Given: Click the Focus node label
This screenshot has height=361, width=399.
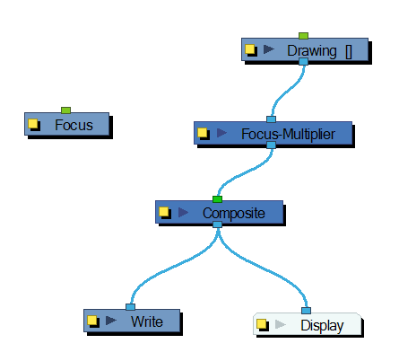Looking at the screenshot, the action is [x=74, y=125].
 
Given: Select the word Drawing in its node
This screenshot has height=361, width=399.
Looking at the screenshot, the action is [x=312, y=50].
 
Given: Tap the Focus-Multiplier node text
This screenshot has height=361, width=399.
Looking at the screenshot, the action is [x=288, y=134].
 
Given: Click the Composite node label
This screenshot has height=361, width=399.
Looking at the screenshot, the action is [x=234, y=213].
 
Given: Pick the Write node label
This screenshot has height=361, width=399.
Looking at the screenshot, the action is [x=147, y=321].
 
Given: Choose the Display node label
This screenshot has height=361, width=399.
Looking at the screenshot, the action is [x=322, y=326].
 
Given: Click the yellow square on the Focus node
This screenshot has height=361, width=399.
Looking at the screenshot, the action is [x=33, y=123].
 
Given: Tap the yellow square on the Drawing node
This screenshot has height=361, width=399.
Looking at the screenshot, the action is [x=250, y=49].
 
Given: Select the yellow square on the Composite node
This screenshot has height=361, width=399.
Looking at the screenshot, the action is [x=164, y=212].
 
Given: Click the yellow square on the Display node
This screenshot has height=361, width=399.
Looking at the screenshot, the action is [x=262, y=324].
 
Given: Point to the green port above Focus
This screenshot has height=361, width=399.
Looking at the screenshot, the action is [x=65, y=110].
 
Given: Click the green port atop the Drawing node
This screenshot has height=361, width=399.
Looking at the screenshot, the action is [x=303, y=36].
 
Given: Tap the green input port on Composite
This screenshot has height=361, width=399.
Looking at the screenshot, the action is [x=217, y=199].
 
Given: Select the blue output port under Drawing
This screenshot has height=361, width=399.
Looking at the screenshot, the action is [x=303, y=62].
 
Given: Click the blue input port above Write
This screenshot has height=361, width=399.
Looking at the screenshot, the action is [x=130, y=307].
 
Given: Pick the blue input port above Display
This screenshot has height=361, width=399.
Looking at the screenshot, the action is [x=306, y=311].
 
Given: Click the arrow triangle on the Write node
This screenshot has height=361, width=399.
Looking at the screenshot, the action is [x=111, y=321].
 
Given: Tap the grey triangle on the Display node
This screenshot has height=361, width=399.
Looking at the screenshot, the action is [x=281, y=324].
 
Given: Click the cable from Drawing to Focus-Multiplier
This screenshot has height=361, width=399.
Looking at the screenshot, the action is [x=286, y=92].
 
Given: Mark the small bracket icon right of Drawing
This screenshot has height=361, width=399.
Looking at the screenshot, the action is [x=349, y=52].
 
